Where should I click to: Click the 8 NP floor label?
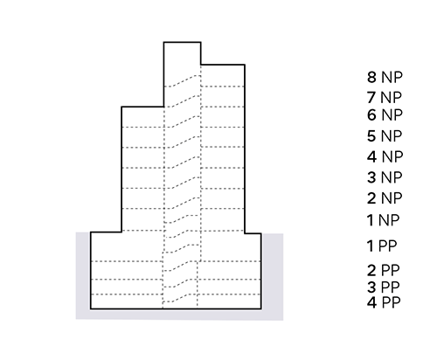coord(385,77)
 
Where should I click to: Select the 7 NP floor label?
coord(384,97)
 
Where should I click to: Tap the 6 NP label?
coord(385,114)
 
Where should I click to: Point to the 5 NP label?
coord(385,136)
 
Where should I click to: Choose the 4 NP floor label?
coord(385,156)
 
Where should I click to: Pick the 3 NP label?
coord(385,177)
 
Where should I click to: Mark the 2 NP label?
coord(385,198)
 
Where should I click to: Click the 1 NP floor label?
coord(383,220)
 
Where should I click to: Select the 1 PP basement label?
coord(382,246)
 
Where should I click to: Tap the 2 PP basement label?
coord(383,270)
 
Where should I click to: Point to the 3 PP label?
coord(383,287)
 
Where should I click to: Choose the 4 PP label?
coord(384,302)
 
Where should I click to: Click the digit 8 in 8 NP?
coord(371,77)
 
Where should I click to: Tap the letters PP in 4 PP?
coord(391,302)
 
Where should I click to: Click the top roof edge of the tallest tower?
coord(183,43)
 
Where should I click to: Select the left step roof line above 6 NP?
coord(142,107)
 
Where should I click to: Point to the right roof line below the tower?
coord(223,65)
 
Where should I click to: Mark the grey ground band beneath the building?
coord(179,315)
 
